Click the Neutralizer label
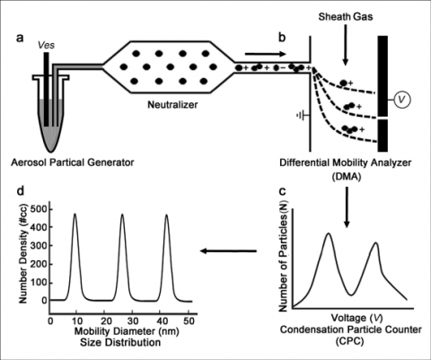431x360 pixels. tap(172, 105)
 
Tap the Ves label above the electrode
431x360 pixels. tap(47, 45)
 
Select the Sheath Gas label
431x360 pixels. tap(346, 16)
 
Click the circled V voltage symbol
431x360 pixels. tap(402, 100)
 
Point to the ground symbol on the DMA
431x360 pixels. tap(303, 115)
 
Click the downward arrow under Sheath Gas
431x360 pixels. tap(346, 45)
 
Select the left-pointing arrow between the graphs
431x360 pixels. tap(228, 250)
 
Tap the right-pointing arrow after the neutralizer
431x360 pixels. tap(266, 54)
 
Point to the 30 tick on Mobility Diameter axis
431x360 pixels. tap(132, 321)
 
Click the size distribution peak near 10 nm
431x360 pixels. tap(75, 214)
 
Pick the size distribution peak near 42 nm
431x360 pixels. tap(166, 215)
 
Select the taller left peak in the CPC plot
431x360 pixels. tap(329, 233)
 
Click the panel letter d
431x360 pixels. tap(21, 191)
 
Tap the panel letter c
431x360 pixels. tap(282, 190)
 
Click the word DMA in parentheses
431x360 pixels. tap(346, 177)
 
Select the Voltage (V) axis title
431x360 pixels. tap(356, 318)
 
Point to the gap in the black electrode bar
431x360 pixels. tap(383, 118)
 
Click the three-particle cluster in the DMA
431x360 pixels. tap(350, 129)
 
